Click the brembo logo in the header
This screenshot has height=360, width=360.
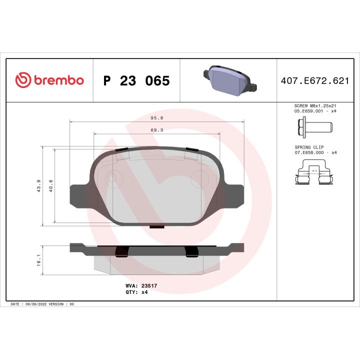(x=49, y=80)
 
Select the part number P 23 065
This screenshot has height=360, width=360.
(x=136, y=81)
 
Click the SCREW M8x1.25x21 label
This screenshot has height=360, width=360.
(x=315, y=106)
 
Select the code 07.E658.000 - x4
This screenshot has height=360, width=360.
(x=315, y=152)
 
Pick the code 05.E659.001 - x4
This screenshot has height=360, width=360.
(x=315, y=111)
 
